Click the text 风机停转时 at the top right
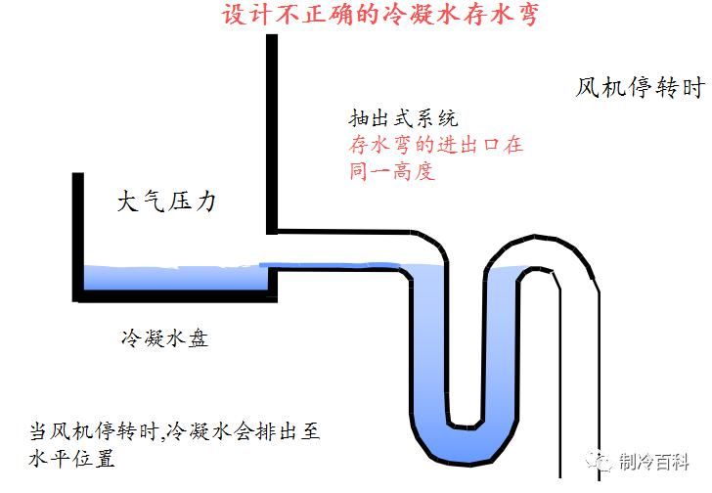point(639,88)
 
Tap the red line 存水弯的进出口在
point(435,145)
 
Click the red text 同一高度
point(391,171)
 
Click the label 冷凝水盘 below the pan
point(163,339)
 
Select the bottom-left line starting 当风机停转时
point(181,431)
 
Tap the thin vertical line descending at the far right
point(559,391)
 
